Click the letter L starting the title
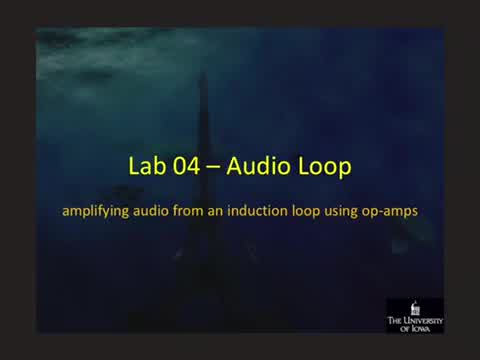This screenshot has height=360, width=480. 136,167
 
